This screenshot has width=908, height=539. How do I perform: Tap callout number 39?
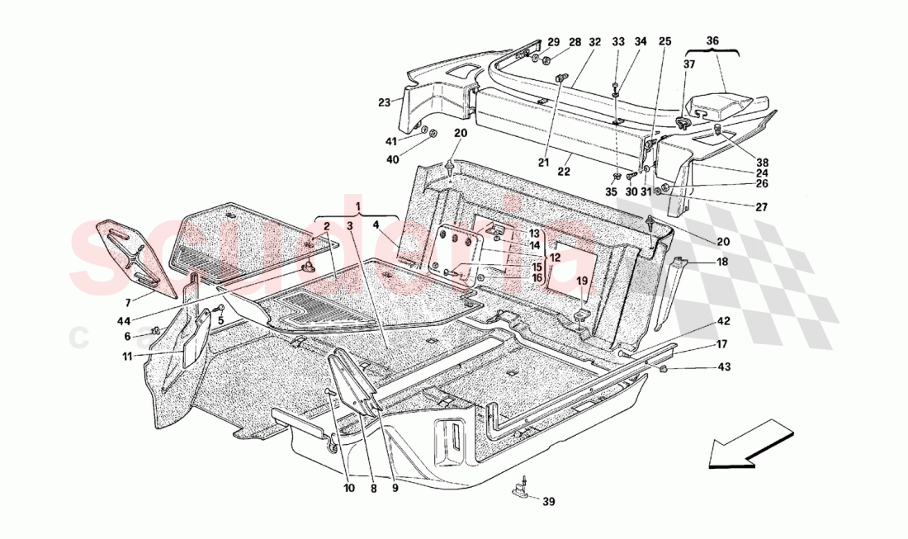pos(549,500)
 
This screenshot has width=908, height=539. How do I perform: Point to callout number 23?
pos(384,103)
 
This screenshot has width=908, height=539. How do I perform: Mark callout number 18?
pos(722,262)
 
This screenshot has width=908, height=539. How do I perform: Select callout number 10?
pos(348,488)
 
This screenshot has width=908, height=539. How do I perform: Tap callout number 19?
pos(581,281)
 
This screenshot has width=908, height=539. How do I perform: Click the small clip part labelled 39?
pos(522,489)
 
